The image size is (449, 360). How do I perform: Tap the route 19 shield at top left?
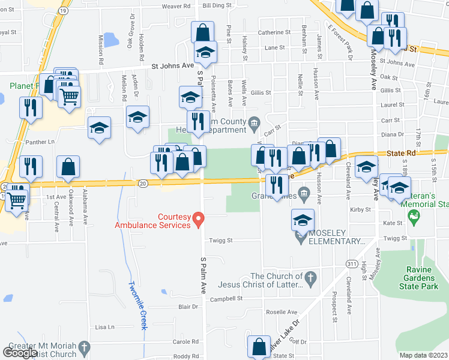63,11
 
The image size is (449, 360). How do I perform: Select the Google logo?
20,353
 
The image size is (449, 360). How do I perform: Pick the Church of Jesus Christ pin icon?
310,277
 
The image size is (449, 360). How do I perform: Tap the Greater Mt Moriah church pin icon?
84,347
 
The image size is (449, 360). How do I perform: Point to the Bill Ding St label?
217,5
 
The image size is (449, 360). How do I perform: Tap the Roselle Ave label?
282,312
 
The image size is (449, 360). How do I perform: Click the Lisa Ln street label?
104,327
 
